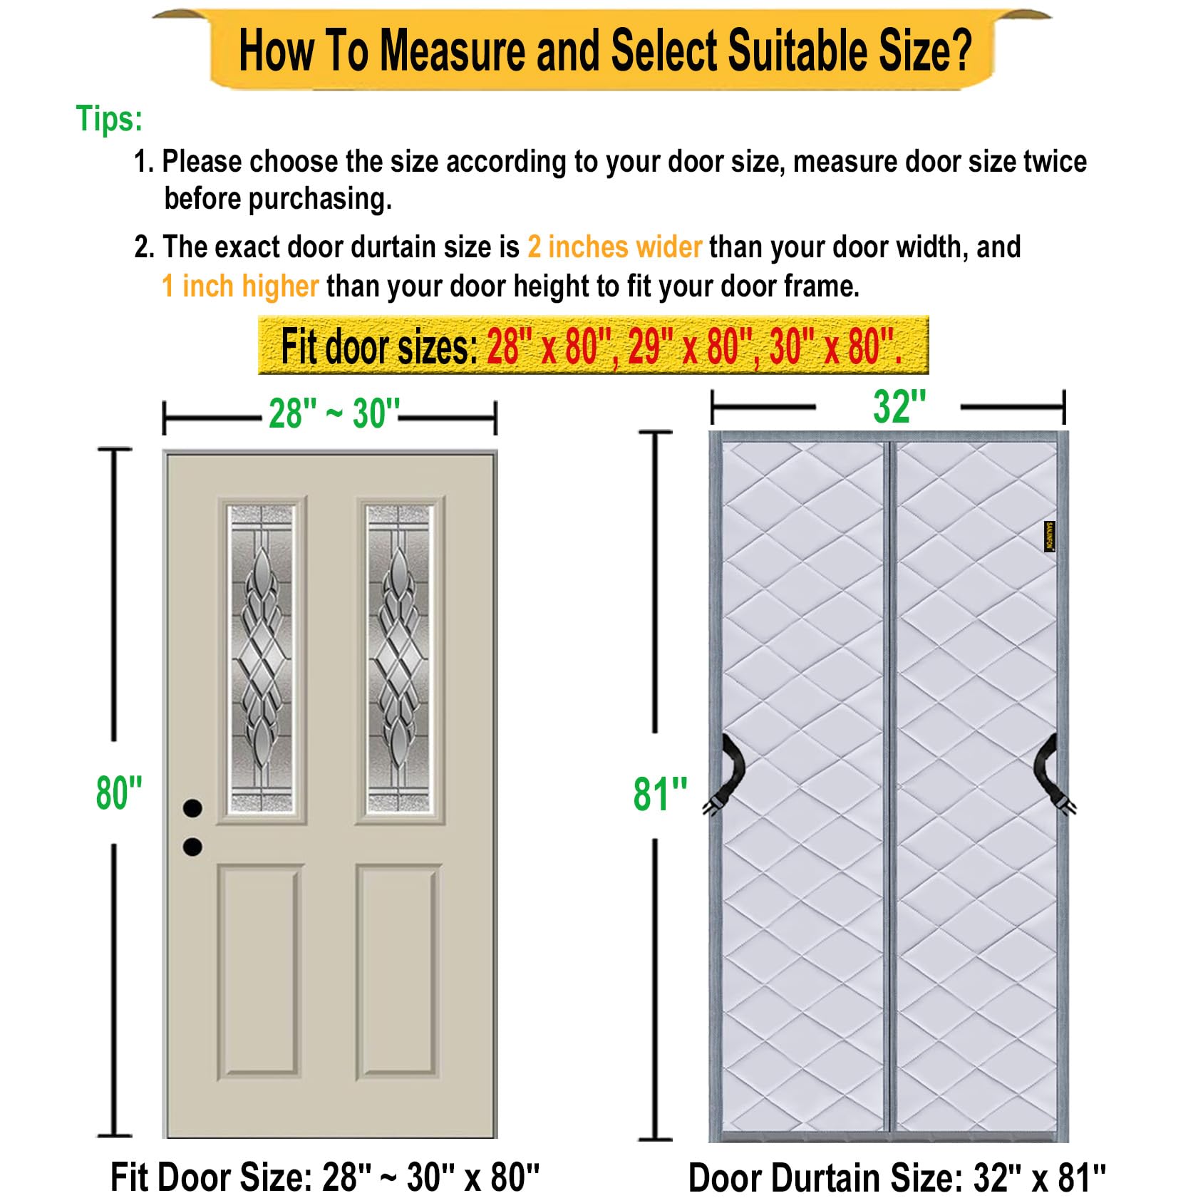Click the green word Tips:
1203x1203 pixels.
tap(109, 119)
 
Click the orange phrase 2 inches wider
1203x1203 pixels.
tap(614, 247)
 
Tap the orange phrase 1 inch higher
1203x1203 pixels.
tap(239, 286)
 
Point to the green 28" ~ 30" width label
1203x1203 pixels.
tap(333, 413)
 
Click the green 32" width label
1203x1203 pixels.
tap(899, 408)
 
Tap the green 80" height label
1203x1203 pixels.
tap(119, 792)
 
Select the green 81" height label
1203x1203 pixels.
tap(660, 794)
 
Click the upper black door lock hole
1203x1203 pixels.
tap(192, 808)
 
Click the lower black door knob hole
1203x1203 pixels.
tap(192, 847)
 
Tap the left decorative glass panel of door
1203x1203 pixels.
tap(261, 659)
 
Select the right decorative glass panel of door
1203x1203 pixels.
tap(399, 659)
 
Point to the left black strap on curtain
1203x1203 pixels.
tap(728, 774)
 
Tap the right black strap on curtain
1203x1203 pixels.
tap(1050, 774)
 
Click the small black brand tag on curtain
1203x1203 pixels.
tap(1049, 536)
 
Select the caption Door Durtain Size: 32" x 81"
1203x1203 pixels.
tap(897, 1177)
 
